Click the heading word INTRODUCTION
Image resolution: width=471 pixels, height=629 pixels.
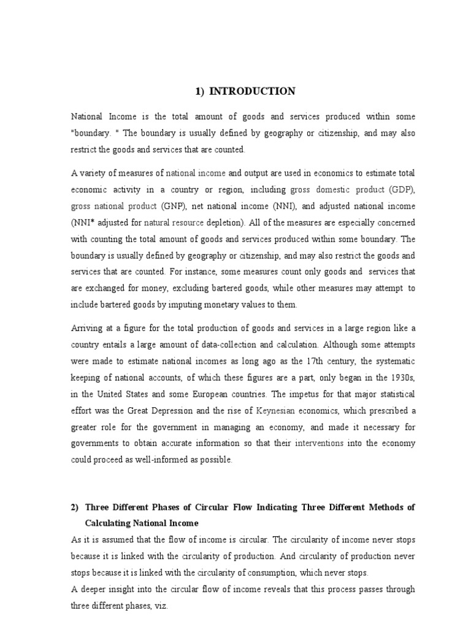tap(252, 92)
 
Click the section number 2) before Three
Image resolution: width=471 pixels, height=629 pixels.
tap(75, 507)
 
